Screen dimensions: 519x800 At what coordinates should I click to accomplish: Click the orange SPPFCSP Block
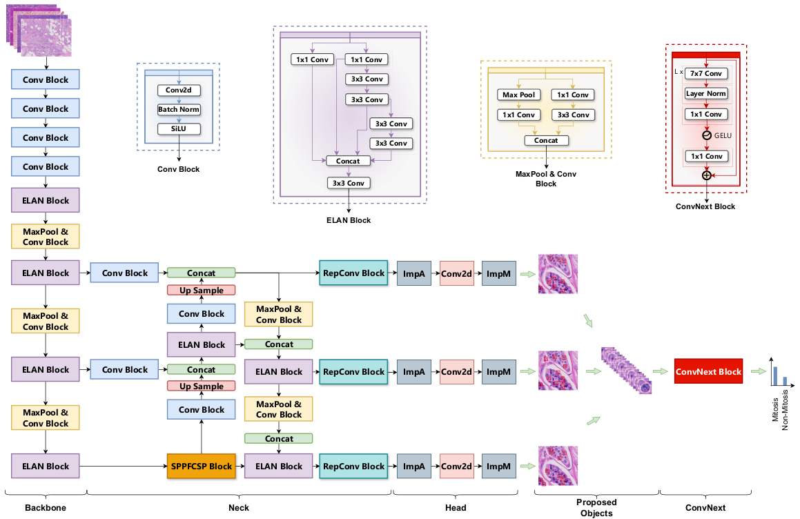tap(202, 466)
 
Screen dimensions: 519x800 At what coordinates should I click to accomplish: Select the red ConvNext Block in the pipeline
tap(708, 371)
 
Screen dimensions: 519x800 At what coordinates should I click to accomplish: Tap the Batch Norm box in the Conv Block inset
tap(178, 109)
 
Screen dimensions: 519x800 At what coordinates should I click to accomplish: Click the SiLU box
tap(178, 128)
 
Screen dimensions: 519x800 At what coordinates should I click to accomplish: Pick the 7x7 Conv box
tap(706, 73)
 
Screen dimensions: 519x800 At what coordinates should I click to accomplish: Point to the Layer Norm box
tap(706, 93)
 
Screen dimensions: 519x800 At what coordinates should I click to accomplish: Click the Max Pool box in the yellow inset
tap(519, 95)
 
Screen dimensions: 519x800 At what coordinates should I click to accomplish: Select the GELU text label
tap(723, 135)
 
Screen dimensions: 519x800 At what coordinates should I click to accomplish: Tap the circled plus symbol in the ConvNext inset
tap(706, 175)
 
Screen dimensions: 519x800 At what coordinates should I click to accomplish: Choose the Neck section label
tap(239, 508)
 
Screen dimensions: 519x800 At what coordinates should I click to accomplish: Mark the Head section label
tap(456, 508)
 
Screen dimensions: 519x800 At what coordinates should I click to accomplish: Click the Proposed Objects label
tap(596, 507)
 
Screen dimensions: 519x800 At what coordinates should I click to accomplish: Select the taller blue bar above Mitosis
tap(774, 375)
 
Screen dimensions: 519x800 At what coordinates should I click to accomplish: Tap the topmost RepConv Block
tap(353, 273)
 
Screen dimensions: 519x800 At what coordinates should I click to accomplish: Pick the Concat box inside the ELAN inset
tap(348, 161)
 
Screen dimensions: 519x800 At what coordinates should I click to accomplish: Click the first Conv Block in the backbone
tap(46, 79)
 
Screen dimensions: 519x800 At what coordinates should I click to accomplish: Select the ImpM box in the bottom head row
tap(498, 466)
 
